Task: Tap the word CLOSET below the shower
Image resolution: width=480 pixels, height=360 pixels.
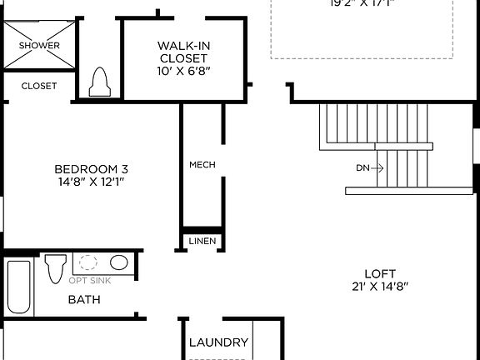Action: pos(39,86)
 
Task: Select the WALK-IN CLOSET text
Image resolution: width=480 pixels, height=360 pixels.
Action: pos(183,52)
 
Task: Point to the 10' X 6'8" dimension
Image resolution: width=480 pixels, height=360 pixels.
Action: pos(183,72)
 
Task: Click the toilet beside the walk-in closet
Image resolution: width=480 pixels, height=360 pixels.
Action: pos(100,81)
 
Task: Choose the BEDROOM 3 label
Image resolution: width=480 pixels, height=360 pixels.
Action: pos(92,167)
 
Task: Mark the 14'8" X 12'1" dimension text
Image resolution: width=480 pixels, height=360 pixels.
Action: pos(92,181)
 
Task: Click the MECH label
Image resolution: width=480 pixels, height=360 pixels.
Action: pos(202,164)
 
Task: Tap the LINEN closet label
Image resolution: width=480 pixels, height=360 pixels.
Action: pos(202,242)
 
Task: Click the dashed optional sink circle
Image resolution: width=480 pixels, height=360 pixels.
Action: pos(87,264)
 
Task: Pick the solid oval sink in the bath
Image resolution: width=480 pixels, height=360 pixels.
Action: pos(119,263)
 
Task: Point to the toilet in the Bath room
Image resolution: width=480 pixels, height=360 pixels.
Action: pos(56,267)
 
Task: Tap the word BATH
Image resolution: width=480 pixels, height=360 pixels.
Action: pos(84,299)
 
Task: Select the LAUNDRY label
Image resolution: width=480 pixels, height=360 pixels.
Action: pos(218,342)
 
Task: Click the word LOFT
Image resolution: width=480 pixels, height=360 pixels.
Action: pos(380,273)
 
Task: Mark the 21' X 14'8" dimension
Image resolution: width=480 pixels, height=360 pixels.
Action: pos(380,287)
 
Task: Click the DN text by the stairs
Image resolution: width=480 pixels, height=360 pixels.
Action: pos(362,167)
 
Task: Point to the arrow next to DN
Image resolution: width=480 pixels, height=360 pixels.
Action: pos(377,167)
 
